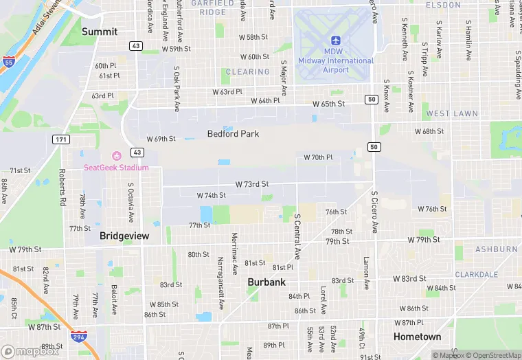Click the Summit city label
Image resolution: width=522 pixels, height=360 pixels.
click(100, 32)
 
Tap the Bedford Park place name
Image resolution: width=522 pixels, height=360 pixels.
click(234, 134)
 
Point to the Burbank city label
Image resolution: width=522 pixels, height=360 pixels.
click(266, 282)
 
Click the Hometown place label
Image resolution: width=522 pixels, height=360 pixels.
click(417, 337)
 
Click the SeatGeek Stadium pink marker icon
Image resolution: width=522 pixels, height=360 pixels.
click(116, 157)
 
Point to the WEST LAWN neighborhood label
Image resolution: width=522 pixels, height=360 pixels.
click(447, 113)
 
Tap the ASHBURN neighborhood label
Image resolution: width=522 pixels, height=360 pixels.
click(496, 249)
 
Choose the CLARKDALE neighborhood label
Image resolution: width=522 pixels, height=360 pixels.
click(476, 274)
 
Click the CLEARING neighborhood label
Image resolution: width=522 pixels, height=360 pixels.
click(248, 71)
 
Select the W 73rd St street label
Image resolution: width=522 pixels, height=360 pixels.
click(251, 184)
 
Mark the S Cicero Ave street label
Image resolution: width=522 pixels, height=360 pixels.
click(375, 211)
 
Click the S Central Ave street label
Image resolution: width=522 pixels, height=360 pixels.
click(297, 236)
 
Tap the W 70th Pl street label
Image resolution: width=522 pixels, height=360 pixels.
click(319, 157)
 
